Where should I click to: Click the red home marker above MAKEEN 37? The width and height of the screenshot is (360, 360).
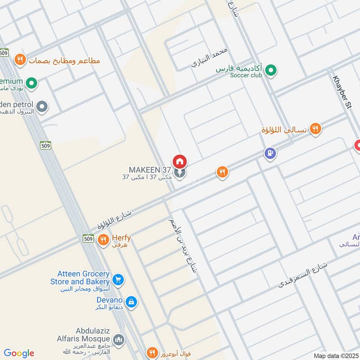point(180,161)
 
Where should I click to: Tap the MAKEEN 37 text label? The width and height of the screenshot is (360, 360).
point(150,170)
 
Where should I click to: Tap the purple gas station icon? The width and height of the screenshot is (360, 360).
point(270,154)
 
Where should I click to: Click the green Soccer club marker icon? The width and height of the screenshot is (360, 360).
point(270,70)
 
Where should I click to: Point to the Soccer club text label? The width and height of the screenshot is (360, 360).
point(246,75)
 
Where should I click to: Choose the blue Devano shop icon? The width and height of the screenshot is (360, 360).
point(131,301)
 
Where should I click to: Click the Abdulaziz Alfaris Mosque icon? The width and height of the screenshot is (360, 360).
point(119,339)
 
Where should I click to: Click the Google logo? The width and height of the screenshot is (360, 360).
point(19,353)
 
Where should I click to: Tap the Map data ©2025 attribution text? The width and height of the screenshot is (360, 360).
point(335,355)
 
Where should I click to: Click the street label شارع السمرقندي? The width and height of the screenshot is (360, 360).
point(302,274)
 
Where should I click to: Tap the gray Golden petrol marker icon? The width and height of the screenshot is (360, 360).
point(42,107)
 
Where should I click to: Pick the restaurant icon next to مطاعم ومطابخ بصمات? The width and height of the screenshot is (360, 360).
point(19,59)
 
